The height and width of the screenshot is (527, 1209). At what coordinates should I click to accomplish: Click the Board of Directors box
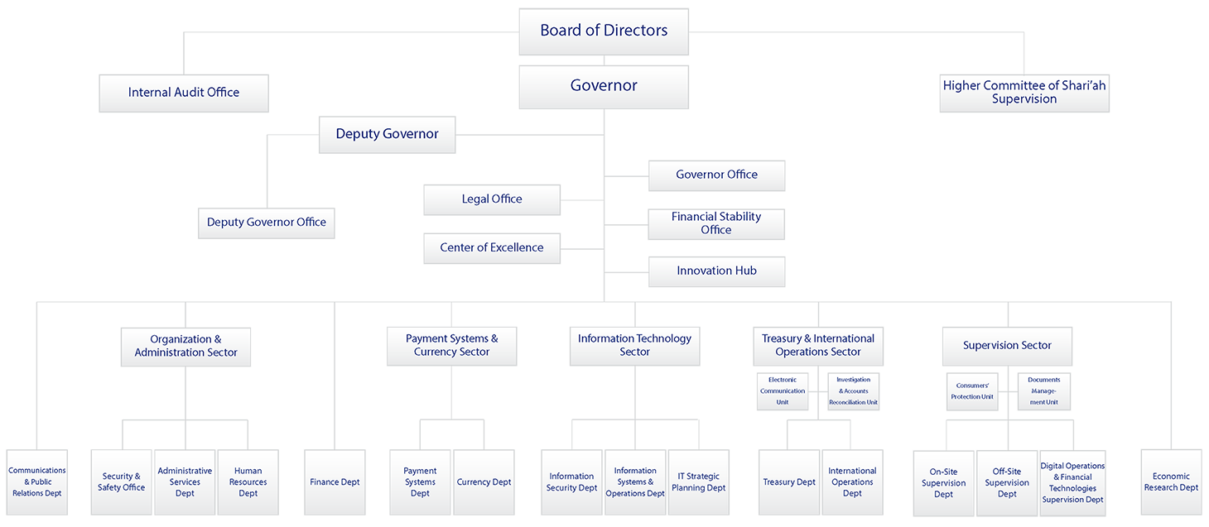click(x=603, y=31)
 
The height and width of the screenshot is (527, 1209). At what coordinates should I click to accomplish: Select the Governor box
click(x=603, y=87)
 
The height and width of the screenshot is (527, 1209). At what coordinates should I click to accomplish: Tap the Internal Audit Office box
click(x=184, y=93)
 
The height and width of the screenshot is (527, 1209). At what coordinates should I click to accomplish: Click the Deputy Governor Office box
click(x=266, y=223)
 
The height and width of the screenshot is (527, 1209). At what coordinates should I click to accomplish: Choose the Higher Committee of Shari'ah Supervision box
click(x=1024, y=93)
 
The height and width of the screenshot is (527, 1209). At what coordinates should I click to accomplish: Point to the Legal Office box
click(x=492, y=199)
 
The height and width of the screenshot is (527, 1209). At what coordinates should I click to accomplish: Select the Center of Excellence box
click(x=492, y=248)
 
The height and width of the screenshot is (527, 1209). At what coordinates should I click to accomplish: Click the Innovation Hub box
click(x=716, y=271)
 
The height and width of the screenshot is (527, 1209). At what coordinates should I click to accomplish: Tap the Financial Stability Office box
click(x=716, y=223)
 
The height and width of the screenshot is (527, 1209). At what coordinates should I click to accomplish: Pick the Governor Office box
click(x=716, y=175)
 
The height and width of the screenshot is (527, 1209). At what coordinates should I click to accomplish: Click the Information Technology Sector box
click(x=634, y=346)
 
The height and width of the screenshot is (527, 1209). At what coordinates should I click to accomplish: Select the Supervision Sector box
click(x=1007, y=346)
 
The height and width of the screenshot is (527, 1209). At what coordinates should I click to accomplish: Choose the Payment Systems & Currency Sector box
click(x=451, y=346)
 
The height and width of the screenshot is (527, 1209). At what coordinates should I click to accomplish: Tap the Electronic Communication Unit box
click(x=783, y=391)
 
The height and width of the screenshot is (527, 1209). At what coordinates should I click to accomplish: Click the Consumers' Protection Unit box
click(x=972, y=391)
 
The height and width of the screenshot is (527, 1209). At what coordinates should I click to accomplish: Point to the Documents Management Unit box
click(x=1043, y=391)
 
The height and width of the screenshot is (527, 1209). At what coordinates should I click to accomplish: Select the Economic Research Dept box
click(x=1171, y=482)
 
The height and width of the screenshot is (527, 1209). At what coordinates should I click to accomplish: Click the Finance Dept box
click(x=335, y=482)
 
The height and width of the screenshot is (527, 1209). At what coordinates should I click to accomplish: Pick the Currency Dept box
click(x=484, y=482)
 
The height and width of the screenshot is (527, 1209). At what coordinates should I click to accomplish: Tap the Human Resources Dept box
click(x=248, y=482)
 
